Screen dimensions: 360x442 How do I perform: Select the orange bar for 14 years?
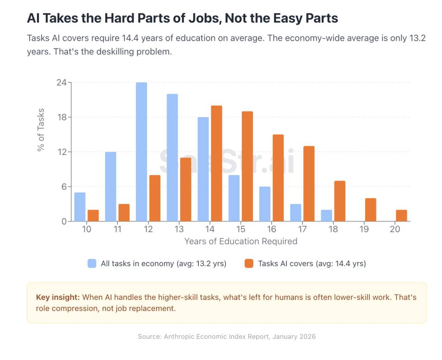click(x=217, y=164)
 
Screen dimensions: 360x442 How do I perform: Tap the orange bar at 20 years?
click(x=401, y=215)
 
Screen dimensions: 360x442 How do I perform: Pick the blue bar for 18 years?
click(x=327, y=215)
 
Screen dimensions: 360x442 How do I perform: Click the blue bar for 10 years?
click(x=80, y=207)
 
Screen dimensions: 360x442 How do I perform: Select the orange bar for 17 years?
click(x=309, y=184)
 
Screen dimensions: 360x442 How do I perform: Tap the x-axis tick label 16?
click(x=271, y=229)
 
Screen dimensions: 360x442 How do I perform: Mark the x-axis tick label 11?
click(x=117, y=229)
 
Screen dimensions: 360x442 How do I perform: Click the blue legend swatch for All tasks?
click(x=92, y=264)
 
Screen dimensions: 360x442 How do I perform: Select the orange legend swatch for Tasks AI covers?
click(x=249, y=264)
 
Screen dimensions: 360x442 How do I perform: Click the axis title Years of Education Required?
click(x=240, y=241)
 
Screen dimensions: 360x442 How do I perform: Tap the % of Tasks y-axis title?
click(x=41, y=130)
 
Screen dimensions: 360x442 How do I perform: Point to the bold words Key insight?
click(x=57, y=297)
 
